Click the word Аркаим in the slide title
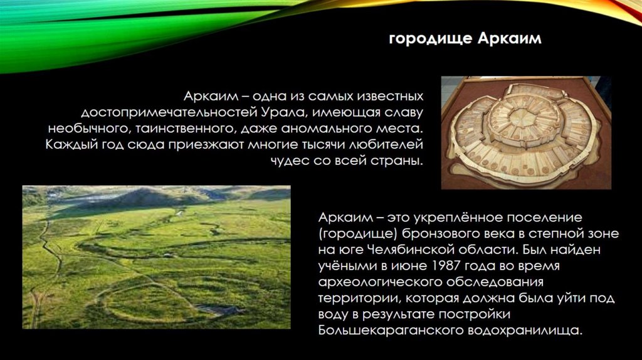pos(509,38)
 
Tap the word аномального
pos(318,129)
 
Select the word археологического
pos(379,282)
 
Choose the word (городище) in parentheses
pos(358,234)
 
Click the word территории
pos(359,298)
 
